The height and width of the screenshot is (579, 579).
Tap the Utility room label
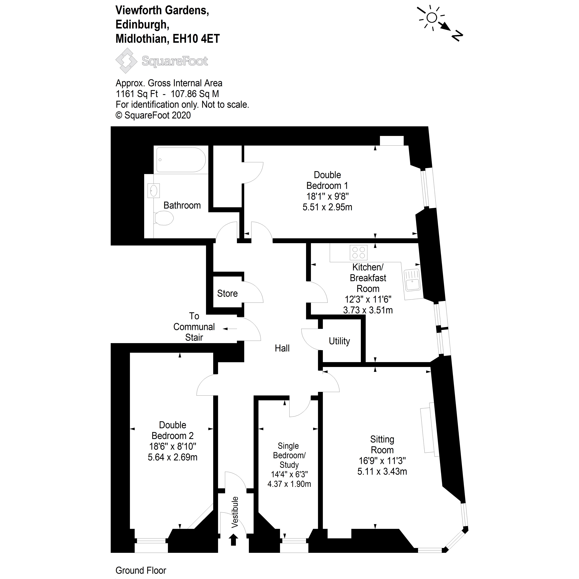pyautogui.click(x=339, y=341)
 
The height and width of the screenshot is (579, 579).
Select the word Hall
pyautogui.click(x=282, y=348)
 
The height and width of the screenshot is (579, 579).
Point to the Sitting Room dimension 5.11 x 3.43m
pyautogui.click(x=382, y=471)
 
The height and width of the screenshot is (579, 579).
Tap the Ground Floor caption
pyautogui.click(x=141, y=570)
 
